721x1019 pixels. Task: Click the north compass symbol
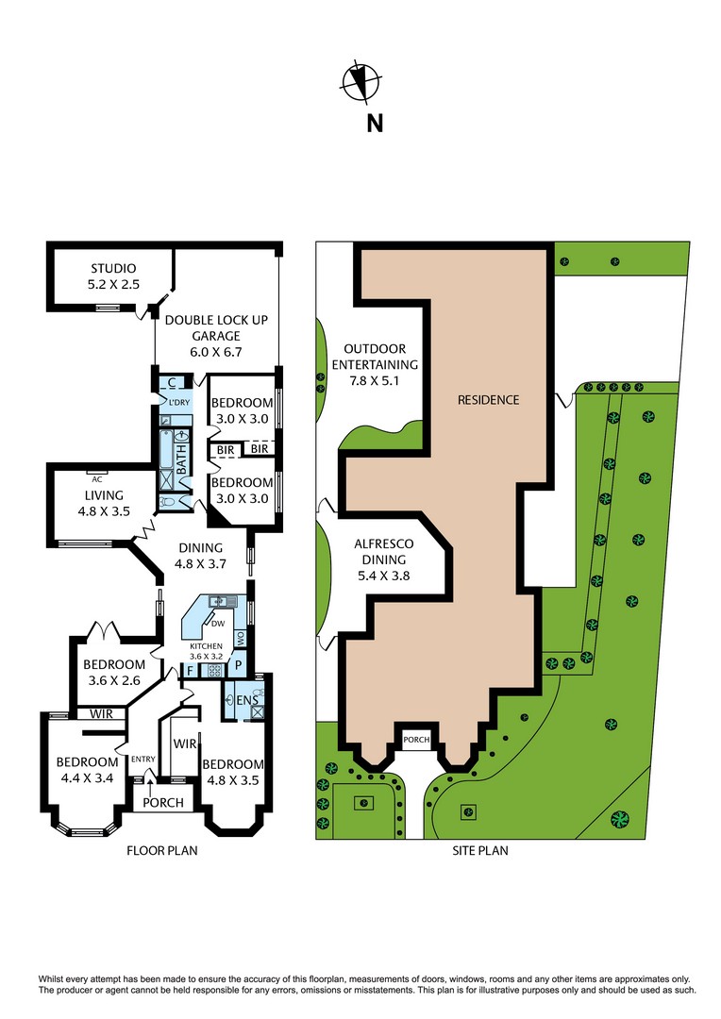[x=360, y=81]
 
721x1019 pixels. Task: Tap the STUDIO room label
[x=113, y=276]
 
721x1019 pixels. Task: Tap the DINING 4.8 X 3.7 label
[x=198, y=556]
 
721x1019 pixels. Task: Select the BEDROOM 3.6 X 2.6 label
[x=113, y=672]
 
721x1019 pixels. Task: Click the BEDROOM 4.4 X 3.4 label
[x=86, y=770]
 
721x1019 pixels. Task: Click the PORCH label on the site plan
[x=416, y=740]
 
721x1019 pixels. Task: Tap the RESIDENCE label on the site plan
[x=488, y=400]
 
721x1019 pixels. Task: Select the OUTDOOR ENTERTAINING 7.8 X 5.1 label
[x=380, y=365]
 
